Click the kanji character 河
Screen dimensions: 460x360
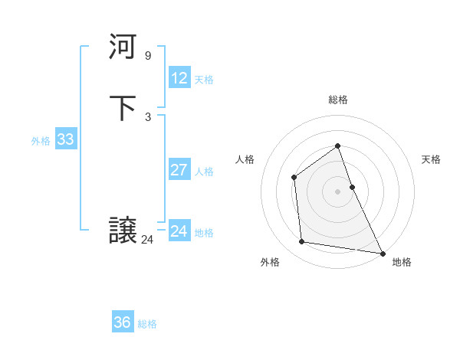tap(123, 48)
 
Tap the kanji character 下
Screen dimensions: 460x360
tap(123, 108)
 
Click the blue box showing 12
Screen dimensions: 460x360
tap(179, 78)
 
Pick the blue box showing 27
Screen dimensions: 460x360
tap(179, 170)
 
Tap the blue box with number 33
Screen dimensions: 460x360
tap(65, 139)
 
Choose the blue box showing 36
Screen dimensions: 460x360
tap(123, 322)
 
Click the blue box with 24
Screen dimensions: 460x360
tap(179, 231)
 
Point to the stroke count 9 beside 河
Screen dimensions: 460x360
tap(147, 55)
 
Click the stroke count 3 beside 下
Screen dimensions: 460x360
tap(147, 116)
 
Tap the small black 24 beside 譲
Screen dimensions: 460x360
tap(147, 239)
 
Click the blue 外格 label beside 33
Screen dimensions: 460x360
tap(41, 141)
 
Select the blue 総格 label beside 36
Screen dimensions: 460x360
tap(147, 324)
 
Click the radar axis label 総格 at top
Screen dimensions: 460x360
tap(338, 100)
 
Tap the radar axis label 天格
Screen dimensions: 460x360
tap(432, 159)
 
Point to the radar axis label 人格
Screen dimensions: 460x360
tap(245, 159)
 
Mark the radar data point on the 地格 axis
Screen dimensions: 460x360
tap(383, 252)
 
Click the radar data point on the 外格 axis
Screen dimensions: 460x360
tap(302, 242)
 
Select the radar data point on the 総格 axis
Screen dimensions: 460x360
tap(337, 146)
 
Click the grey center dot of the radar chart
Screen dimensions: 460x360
tap(337, 191)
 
